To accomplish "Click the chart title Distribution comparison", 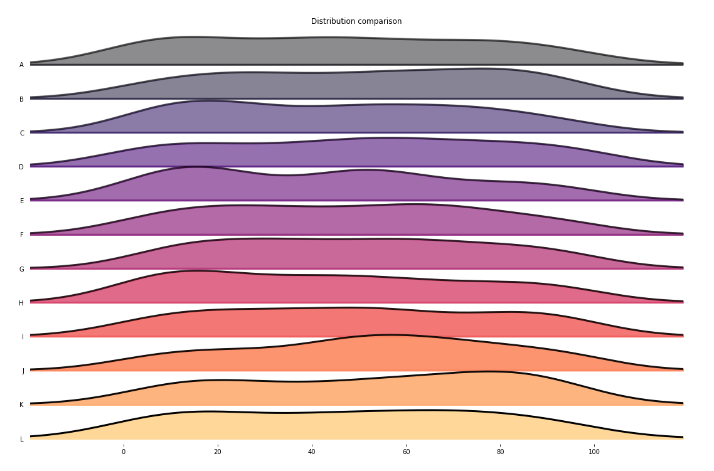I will (356, 21).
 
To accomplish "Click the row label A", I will (21, 65).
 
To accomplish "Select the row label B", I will (21, 99).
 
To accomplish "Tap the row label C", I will (22, 133).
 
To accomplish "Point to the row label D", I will (21, 167).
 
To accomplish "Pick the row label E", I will (21, 201).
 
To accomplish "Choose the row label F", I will (22, 235).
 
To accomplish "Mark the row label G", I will (21, 270).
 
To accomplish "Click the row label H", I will (21, 304).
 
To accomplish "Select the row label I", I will (23, 337).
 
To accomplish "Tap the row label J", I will (23, 371).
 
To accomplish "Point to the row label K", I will (21, 405).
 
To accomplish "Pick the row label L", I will (22, 439).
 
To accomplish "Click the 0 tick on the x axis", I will (124, 452).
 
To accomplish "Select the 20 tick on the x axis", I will (218, 452).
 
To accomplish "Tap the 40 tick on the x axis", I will (312, 452).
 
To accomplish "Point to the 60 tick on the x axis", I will (406, 452).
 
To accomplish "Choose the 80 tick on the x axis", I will (500, 452).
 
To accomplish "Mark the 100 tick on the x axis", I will (594, 452).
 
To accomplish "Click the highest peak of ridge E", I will (196, 167).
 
